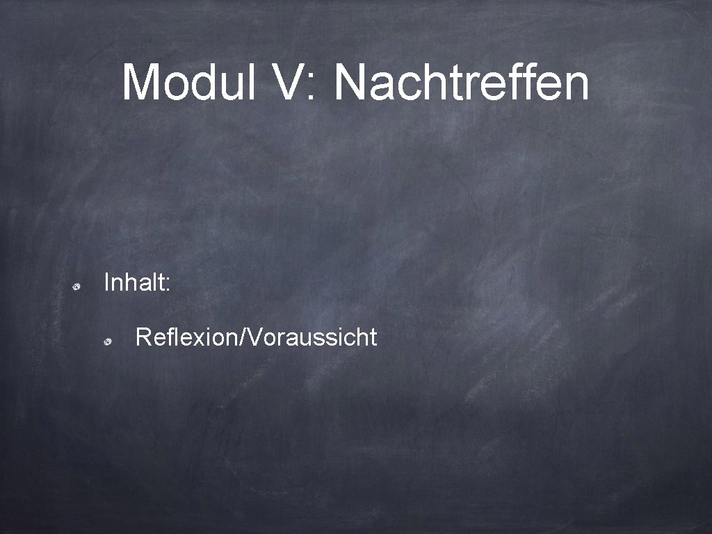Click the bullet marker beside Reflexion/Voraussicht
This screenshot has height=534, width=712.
coord(109,341)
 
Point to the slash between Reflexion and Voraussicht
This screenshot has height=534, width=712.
coord(241,337)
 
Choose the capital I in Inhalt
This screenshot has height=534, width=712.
coord(106,282)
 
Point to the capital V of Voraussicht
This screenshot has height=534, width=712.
coord(252,337)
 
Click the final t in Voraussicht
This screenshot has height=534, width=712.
coord(373,338)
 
